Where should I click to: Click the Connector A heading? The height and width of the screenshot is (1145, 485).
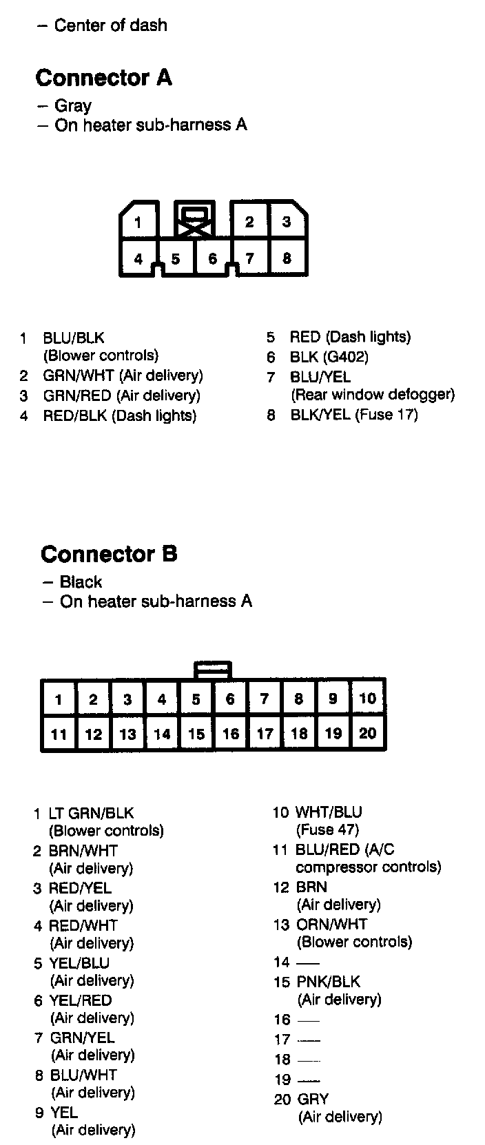click(x=103, y=78)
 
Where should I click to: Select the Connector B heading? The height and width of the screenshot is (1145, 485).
click(x=109, y=554)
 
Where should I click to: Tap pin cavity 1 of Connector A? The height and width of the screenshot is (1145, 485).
click(x=138, y=222)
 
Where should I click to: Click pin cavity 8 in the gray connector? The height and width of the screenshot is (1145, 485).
click(x=287, y=258)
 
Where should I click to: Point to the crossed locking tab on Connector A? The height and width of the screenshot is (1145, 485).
click(x=195, y=220)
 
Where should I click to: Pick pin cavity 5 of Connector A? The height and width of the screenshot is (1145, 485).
click(x=176, y=259)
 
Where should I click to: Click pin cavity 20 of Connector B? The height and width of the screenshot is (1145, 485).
click(x=368, y=733)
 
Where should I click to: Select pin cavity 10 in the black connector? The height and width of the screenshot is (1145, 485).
click(x=368, y=699)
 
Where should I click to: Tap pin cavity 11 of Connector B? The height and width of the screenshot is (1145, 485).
click(x=59, y=734)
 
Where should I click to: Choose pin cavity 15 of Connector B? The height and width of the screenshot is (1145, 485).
click(x=196, y=734)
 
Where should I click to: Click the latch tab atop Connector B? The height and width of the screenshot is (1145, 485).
click(x=213, y=669)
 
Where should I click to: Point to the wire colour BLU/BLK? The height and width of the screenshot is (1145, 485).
click(x=74, y=338)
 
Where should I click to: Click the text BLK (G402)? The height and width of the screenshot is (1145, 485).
click(x=329, y=357)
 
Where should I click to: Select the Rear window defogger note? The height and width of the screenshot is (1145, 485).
click(x=373, y=395)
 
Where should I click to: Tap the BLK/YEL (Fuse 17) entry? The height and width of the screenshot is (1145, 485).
click(x=354, y=415)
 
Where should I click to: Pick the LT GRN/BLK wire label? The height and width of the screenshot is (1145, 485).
click(x=92, y=813)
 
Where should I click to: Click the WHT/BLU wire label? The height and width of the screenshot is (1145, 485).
click(x=329, y=812)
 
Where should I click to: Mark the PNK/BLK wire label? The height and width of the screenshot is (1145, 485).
click(x=329, y=981)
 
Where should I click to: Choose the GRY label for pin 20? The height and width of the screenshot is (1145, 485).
click(x=313, y=1099)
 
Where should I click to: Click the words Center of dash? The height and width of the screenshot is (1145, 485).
click(x=110, y=25)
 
